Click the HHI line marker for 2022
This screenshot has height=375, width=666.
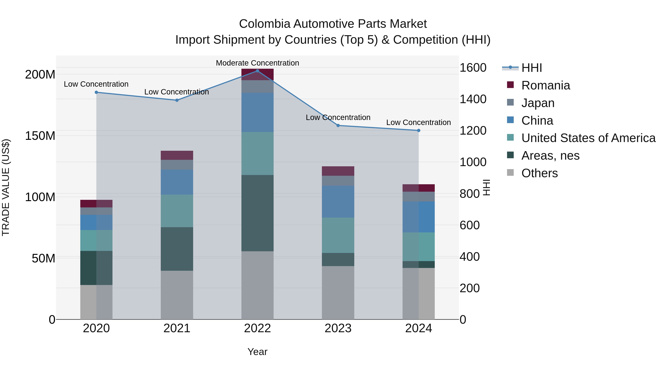(x=257, y=71)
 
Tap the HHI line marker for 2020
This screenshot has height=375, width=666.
(x=96, y=92)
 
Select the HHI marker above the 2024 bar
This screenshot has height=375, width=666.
(x=419, y=130)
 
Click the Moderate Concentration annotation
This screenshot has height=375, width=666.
(x=257, y=63)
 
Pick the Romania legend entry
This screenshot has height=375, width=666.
(x=546, y=85)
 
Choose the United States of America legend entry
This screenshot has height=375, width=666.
(x=588, y=138)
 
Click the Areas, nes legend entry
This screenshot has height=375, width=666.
(x=550, y=156)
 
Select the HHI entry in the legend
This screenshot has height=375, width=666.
(x=531, y=68)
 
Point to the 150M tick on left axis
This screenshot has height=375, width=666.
(x=40, y=136)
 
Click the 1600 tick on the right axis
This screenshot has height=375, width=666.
(x=473, y=68)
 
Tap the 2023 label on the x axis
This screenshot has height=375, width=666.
(x=338, y=328)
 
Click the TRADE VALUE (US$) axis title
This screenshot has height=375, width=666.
(x=6, y=187)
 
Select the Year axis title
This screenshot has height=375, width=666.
(x=257, y=352)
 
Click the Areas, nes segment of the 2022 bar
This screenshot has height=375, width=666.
(x=257, y=213)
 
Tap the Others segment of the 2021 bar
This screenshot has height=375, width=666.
(x=177, y=295)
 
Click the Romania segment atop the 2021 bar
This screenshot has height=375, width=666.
(x=177, y=155)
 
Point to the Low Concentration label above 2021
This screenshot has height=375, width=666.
(x=177, y=92)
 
